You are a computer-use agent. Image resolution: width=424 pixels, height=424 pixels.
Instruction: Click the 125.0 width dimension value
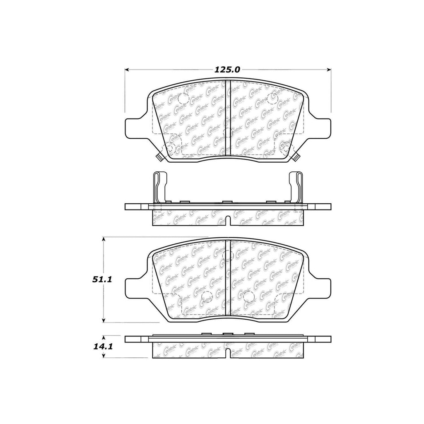coord(227,70)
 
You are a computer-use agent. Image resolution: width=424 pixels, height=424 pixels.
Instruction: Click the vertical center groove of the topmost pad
coord(227,118)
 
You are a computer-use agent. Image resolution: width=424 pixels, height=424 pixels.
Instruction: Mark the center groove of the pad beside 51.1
coord(227,279)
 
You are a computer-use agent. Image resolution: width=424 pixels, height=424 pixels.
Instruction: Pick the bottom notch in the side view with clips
coord(227,221)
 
